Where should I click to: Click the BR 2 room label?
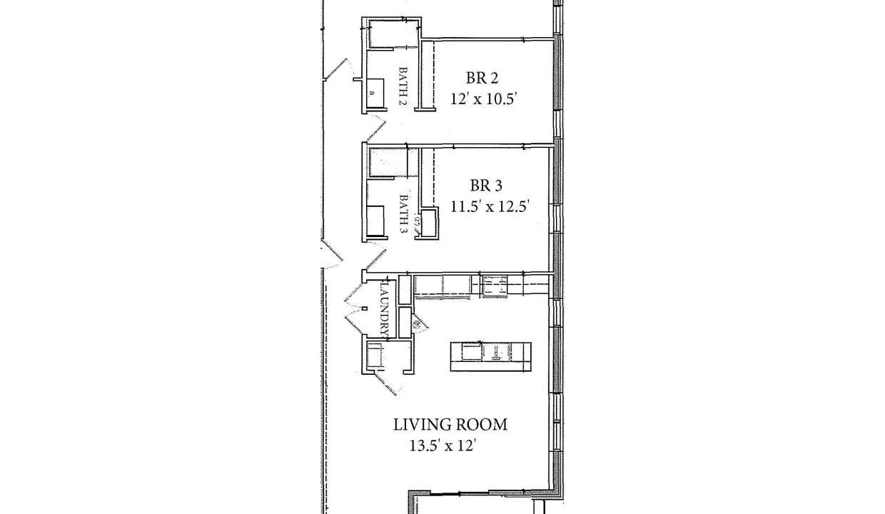tap(482, 78)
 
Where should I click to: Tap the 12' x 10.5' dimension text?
tap(484, 99)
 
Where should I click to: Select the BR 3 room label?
tap(486, 186)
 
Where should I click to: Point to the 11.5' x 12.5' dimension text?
tap(490, 206)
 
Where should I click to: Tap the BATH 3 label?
tap(403, 213)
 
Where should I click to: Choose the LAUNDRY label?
tap(386, 308)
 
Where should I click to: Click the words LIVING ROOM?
tap(450, 425)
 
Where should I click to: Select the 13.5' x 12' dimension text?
tap(442, 446)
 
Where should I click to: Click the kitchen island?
tap(491, 357)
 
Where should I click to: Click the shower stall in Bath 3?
tap(388, 162)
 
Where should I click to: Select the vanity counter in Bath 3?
tap(375, 221)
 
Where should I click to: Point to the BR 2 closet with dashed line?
tap(428, 75)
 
